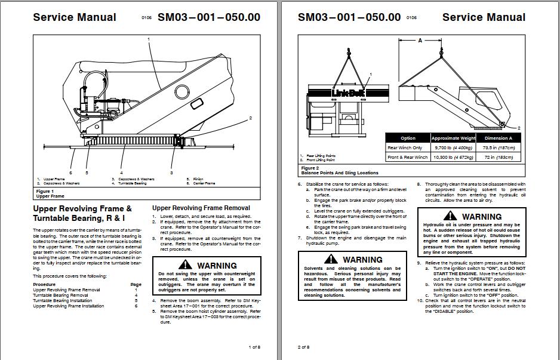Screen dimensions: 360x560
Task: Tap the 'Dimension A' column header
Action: tap(498, 138)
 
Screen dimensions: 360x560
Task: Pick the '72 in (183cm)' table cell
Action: tap(498, 157)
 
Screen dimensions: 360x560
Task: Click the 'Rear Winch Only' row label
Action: tap(405, 147)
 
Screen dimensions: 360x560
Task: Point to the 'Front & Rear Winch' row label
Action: tap(408, 157)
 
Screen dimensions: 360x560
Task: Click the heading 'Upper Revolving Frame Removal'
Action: tap(201, 208)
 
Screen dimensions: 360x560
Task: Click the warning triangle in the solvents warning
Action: tap(331, 260)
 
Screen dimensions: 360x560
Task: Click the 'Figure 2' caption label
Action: tap(309, 168)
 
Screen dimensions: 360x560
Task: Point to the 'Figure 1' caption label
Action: tap(45, 191)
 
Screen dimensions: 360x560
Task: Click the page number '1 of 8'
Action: tap(254, 347)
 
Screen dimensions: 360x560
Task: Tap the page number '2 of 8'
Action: tap(303, 347)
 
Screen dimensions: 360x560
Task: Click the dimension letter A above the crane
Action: tap(420, 40)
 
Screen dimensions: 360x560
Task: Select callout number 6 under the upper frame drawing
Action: tap(70, 173)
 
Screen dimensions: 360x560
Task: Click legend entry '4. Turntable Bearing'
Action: tap(129, 183)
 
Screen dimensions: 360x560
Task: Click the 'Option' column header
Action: tap(408, 138)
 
